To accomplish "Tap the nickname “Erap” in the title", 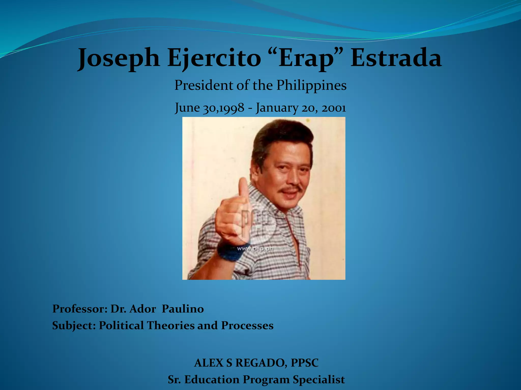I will [306, 58].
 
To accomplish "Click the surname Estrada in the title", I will [396, 58].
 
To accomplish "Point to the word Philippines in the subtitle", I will [311, 86].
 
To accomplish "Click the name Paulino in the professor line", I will [183, 309].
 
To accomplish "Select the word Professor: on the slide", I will [80, 309].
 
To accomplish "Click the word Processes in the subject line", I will [247, 326].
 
